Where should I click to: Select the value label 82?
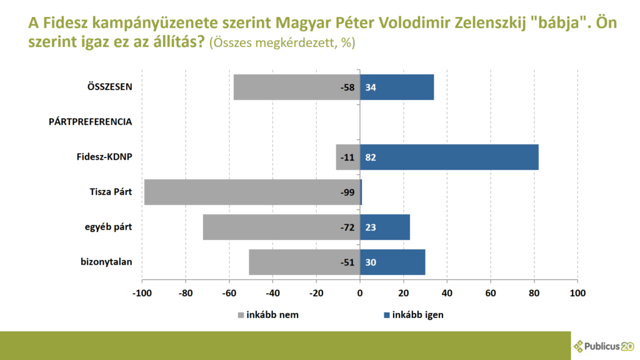370,157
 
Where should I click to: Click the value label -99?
347,192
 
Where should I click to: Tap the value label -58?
347,87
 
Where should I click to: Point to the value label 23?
370,227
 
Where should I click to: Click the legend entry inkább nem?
268,314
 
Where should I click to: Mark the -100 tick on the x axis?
142,292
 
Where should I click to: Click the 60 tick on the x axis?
491,292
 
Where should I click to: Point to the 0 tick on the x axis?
360,292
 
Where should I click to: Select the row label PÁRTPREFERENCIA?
90,122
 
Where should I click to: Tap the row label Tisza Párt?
111,192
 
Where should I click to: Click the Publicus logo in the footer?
604,346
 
